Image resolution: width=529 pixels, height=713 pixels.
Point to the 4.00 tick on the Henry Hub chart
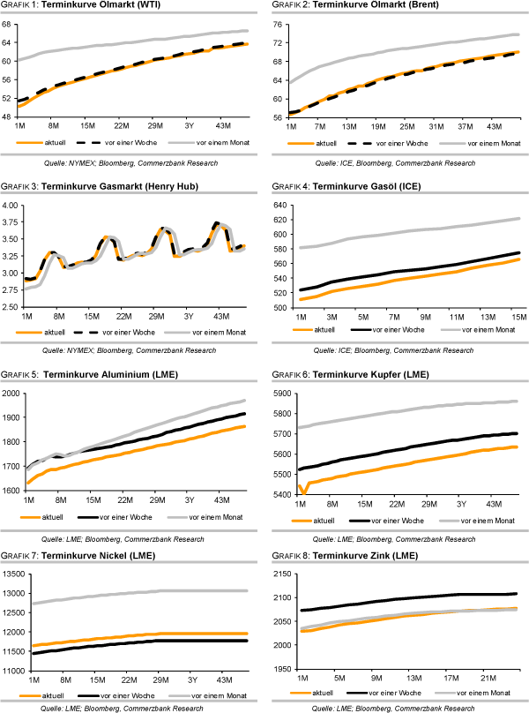coord(11,205)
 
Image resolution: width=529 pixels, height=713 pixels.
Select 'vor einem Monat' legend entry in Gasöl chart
coord(488,328)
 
